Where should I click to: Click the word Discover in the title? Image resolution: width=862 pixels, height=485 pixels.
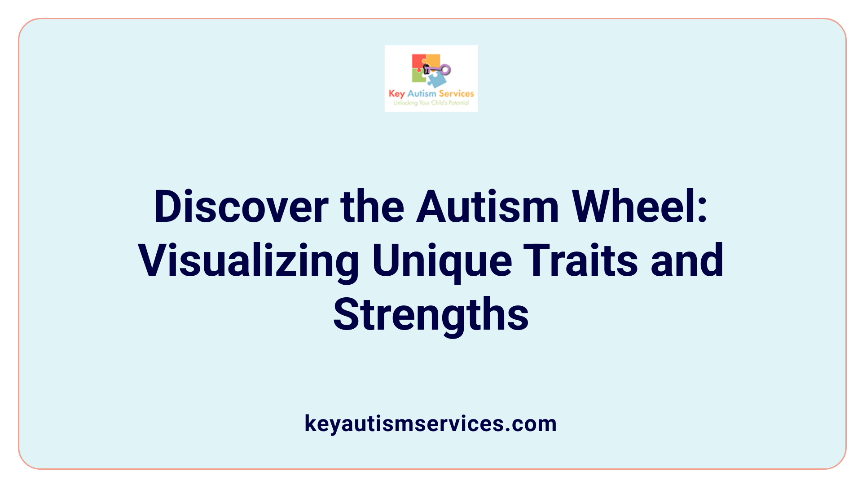click(241, 207)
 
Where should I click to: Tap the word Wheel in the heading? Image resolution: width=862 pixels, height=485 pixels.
click(633, 207)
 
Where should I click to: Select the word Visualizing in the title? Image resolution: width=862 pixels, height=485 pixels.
click(248, 261)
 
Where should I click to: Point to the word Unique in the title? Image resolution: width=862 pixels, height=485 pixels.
click(442, 261)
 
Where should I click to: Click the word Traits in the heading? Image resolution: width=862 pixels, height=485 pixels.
click(581, 261)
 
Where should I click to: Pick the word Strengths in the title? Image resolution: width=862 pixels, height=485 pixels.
click(431, 315)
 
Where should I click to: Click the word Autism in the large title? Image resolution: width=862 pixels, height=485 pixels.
click(488, 207)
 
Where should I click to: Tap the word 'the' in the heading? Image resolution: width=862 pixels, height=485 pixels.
click(372, 207)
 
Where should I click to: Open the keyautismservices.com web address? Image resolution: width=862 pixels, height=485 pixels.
click(431, 423)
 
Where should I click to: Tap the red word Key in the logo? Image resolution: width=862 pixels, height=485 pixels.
click(396, 94)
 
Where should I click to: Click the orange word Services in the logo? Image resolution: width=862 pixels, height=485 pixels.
click(456, 93)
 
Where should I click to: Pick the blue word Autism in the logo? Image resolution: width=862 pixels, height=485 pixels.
click(422, 93)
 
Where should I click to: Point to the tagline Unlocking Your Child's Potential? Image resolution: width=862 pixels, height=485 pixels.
click(431, 103)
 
